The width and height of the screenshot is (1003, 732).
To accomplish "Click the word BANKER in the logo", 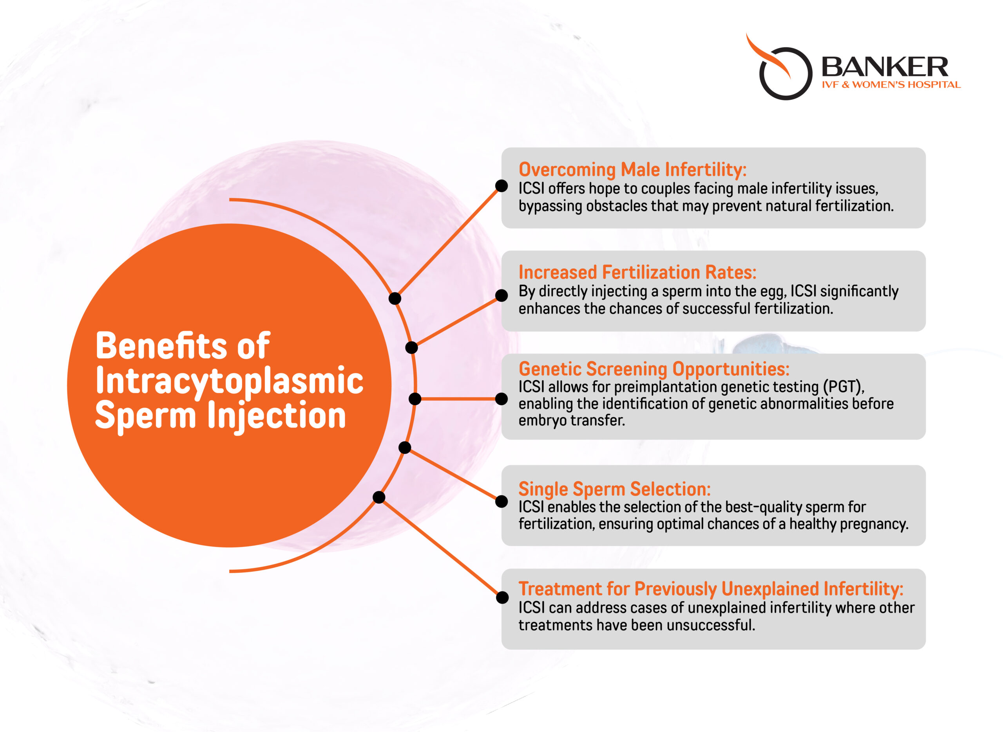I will [885, 67].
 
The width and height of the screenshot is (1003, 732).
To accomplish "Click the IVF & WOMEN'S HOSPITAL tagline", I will [891, 85].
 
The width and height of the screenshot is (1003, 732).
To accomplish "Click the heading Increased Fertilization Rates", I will [637, 272].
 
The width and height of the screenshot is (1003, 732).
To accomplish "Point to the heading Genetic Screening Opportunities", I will [654, 369].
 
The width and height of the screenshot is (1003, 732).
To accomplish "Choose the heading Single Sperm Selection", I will [614, 489].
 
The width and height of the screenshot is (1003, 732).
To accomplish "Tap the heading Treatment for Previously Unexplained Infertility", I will [711, 589].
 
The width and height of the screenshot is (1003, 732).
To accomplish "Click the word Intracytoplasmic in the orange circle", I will [229, 381].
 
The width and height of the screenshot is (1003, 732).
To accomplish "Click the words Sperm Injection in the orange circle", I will [221, 415].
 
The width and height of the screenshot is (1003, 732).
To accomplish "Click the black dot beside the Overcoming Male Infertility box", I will [501, 186].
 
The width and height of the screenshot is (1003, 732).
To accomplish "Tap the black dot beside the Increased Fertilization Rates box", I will [501, 295].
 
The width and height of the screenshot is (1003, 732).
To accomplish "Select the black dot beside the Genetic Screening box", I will [501, 399].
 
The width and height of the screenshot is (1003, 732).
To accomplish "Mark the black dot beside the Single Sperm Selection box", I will [501, 502].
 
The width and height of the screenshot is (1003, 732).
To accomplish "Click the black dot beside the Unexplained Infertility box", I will [502, 597].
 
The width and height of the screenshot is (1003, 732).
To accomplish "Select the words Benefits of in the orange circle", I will [182, 346].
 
